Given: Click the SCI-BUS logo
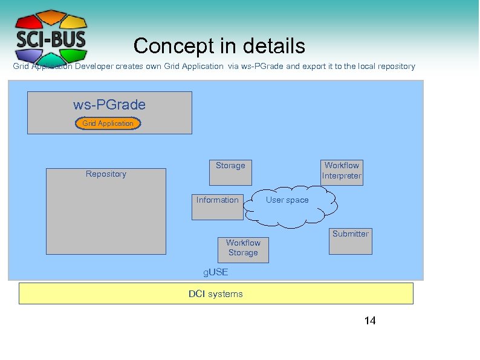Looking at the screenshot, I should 51,38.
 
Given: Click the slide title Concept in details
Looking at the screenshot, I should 219,46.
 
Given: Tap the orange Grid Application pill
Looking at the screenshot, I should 108,123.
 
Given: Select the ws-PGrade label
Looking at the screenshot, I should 109,105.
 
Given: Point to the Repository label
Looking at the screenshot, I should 106,174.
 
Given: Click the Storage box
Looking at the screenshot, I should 230,172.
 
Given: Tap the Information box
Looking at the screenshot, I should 218,206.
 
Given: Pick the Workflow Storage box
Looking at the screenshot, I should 243,249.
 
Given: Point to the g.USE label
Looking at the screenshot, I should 215,273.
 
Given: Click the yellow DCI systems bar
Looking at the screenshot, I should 216,294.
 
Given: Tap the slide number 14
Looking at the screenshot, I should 370,321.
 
